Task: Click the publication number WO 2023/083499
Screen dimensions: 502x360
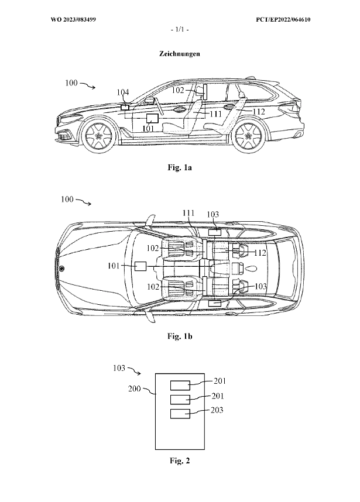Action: coord(73,20)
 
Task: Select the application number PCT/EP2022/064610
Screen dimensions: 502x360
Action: coord(283,20)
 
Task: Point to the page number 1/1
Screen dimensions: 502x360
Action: coord(179,29)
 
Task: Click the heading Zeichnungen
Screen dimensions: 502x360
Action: coord(179,53)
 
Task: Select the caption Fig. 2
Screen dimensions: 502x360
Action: coord(179,461)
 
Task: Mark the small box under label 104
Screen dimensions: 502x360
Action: coord(125,106)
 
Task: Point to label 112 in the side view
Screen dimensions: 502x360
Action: coord(258,111)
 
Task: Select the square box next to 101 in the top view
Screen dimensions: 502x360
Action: coord(140,266)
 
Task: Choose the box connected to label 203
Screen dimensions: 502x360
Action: coord(180,414)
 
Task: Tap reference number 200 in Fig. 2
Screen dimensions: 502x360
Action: coord(135,388)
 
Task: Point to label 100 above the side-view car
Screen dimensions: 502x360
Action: coord(71,84)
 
